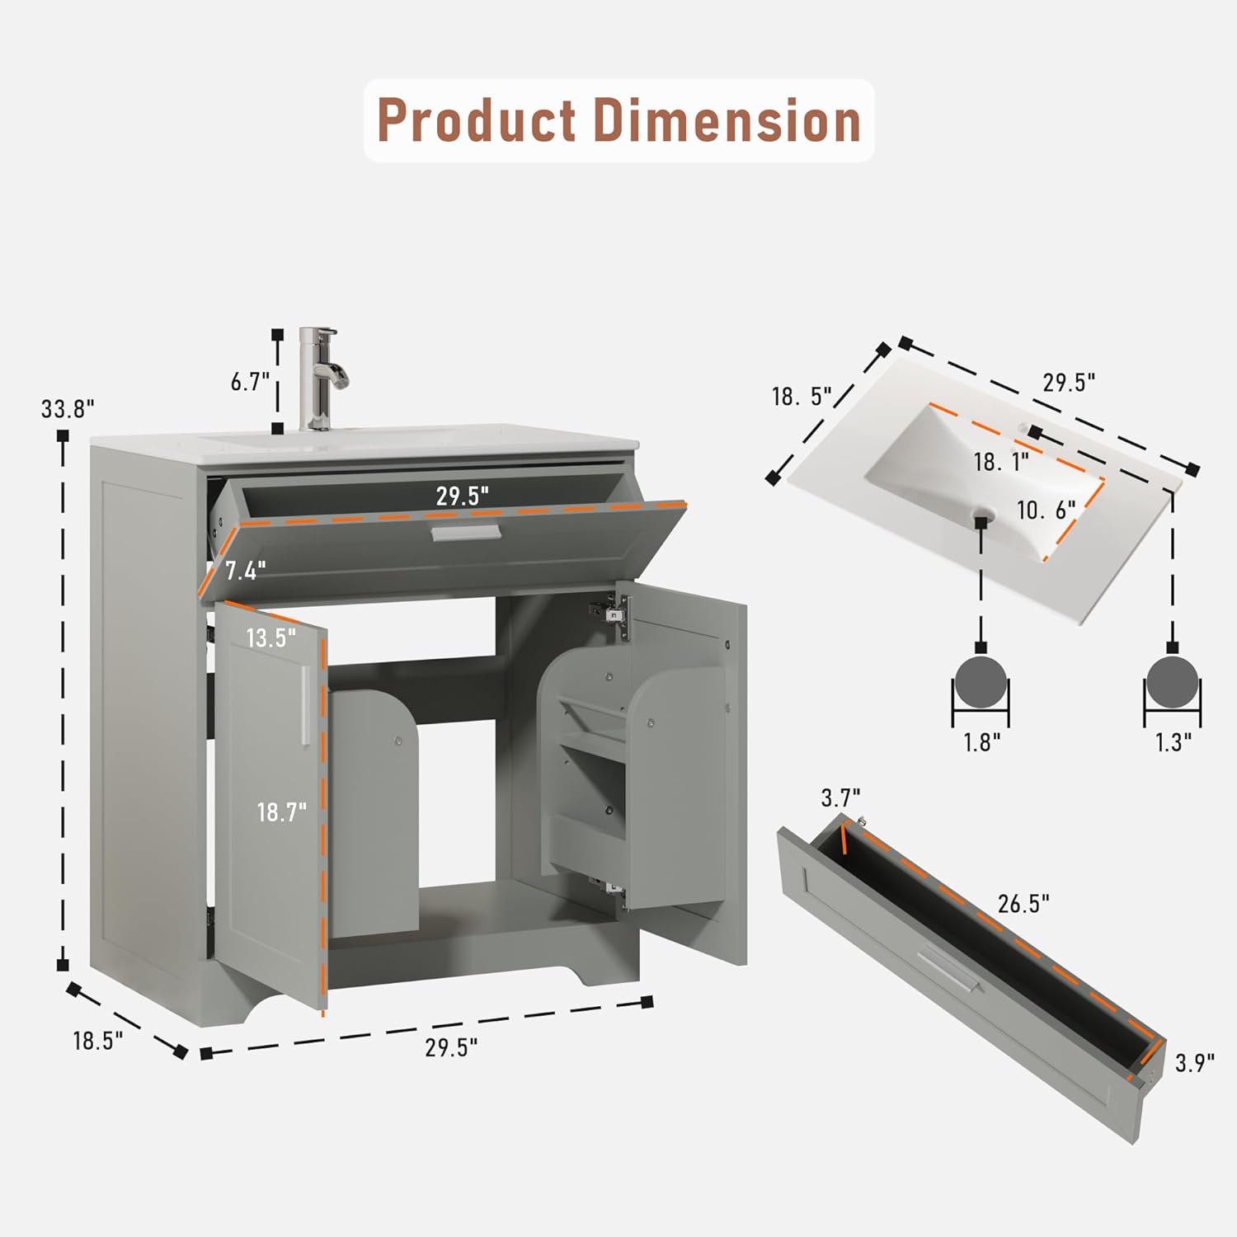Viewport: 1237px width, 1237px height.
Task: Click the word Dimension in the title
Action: (x=727, y=120)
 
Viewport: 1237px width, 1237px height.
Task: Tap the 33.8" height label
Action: (x=68, y=408)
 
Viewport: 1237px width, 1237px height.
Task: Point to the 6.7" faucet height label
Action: (x=251, y=382)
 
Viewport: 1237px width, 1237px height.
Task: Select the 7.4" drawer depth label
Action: (x=246, y=571)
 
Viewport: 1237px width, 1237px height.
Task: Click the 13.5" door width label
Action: (x=270, y=637)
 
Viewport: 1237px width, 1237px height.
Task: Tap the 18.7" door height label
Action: (x=281, y=812)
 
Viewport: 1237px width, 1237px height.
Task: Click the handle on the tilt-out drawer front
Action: (x=465, y=534)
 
